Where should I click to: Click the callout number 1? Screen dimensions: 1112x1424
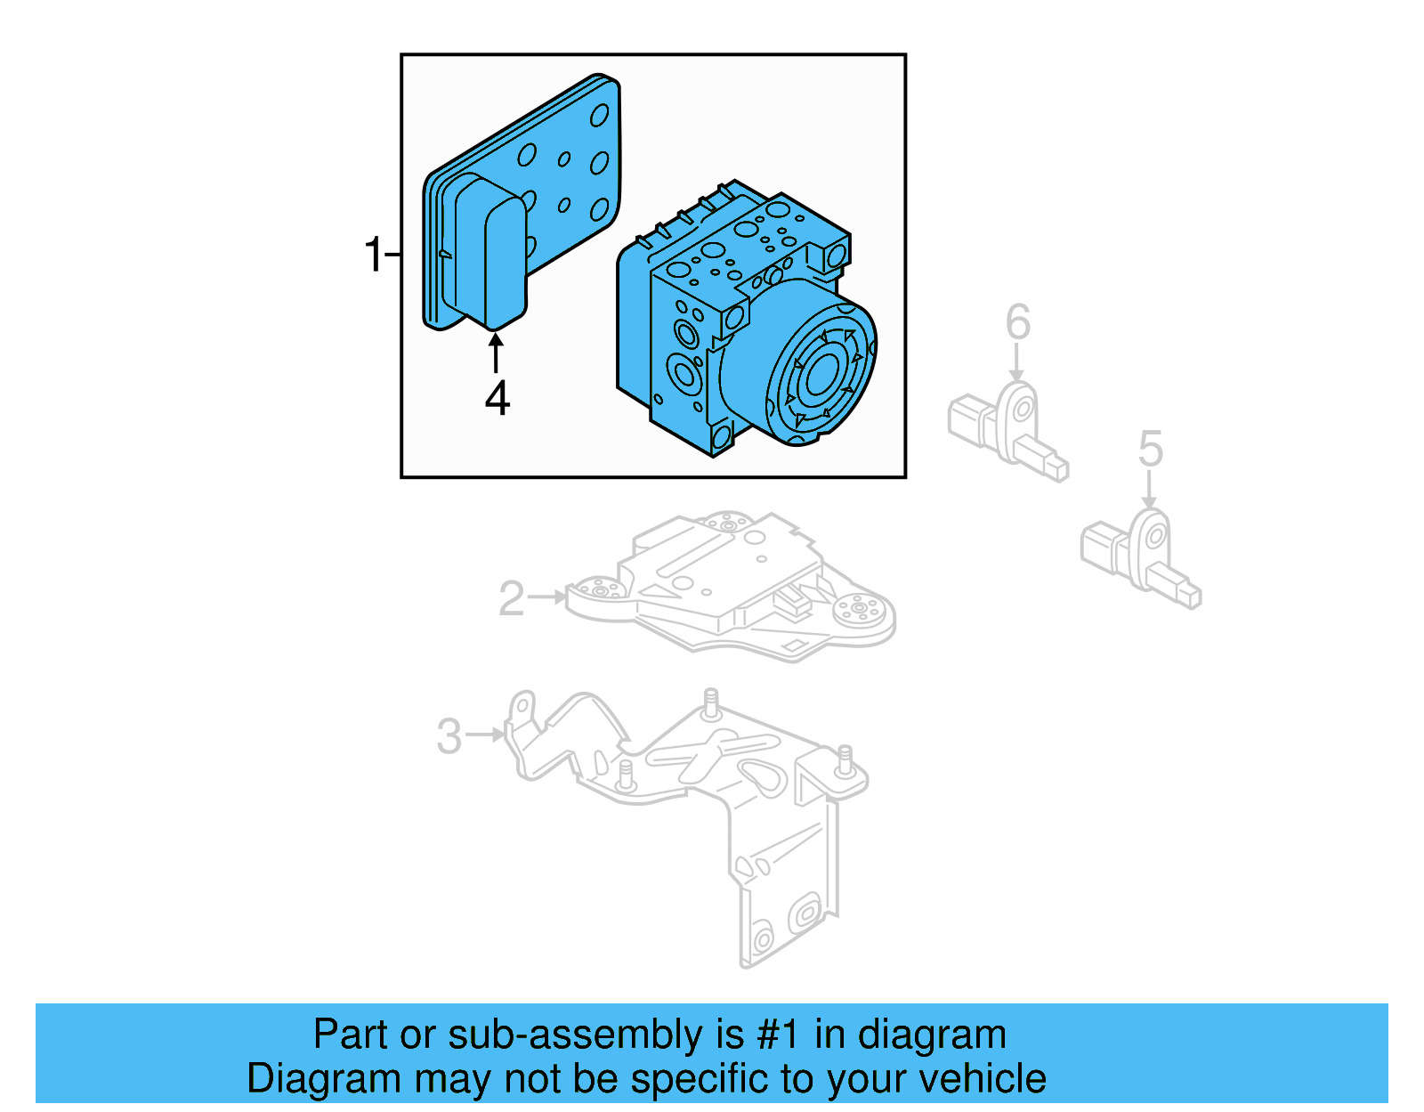coord(373,255)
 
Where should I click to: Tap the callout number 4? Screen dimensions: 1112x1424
coord(497,398)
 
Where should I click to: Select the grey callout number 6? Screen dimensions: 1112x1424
coord(1017,322)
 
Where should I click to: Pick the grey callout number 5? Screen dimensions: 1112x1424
coord(1150,449)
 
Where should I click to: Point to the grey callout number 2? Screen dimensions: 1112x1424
coord(512,598)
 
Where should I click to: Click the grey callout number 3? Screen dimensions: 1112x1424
coord(449,736)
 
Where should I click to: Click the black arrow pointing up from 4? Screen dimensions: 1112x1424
coord(496,353)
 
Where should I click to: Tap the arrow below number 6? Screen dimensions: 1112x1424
coord(1017,363)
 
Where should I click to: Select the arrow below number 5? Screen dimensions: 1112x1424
coord(1150,490)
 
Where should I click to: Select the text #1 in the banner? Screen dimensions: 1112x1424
coord(779,1035)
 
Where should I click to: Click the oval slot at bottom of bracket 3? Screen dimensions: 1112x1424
coord(806,913)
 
